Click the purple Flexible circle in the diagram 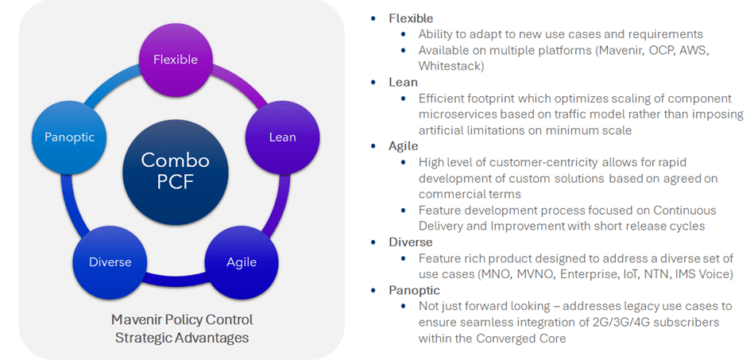176,60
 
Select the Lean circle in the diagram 282,137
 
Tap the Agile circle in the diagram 242,262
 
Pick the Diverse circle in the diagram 110,262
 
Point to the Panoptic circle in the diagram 69,137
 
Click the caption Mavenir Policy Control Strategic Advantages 182,329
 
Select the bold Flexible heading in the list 411,19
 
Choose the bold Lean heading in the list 403,83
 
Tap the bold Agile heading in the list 404,146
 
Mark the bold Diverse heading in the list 411,242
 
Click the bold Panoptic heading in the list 414,290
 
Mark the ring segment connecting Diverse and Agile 176,278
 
